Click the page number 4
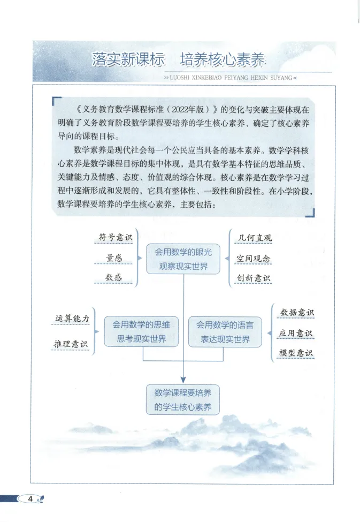[x=30, y=499]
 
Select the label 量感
[x=114, y=258]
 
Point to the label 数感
[x=114, y=277]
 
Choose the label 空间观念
[x=254, y=259]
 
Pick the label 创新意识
[x=254, y=278]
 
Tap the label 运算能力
[x=72, y=318]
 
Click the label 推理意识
[x=71, y=343]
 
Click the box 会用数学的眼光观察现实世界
[x=183, y=259]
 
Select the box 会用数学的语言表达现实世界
[x=225, y=331]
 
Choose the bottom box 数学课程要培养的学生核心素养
[x=183, y=399]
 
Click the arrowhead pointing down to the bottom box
[x=183, y=379]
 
